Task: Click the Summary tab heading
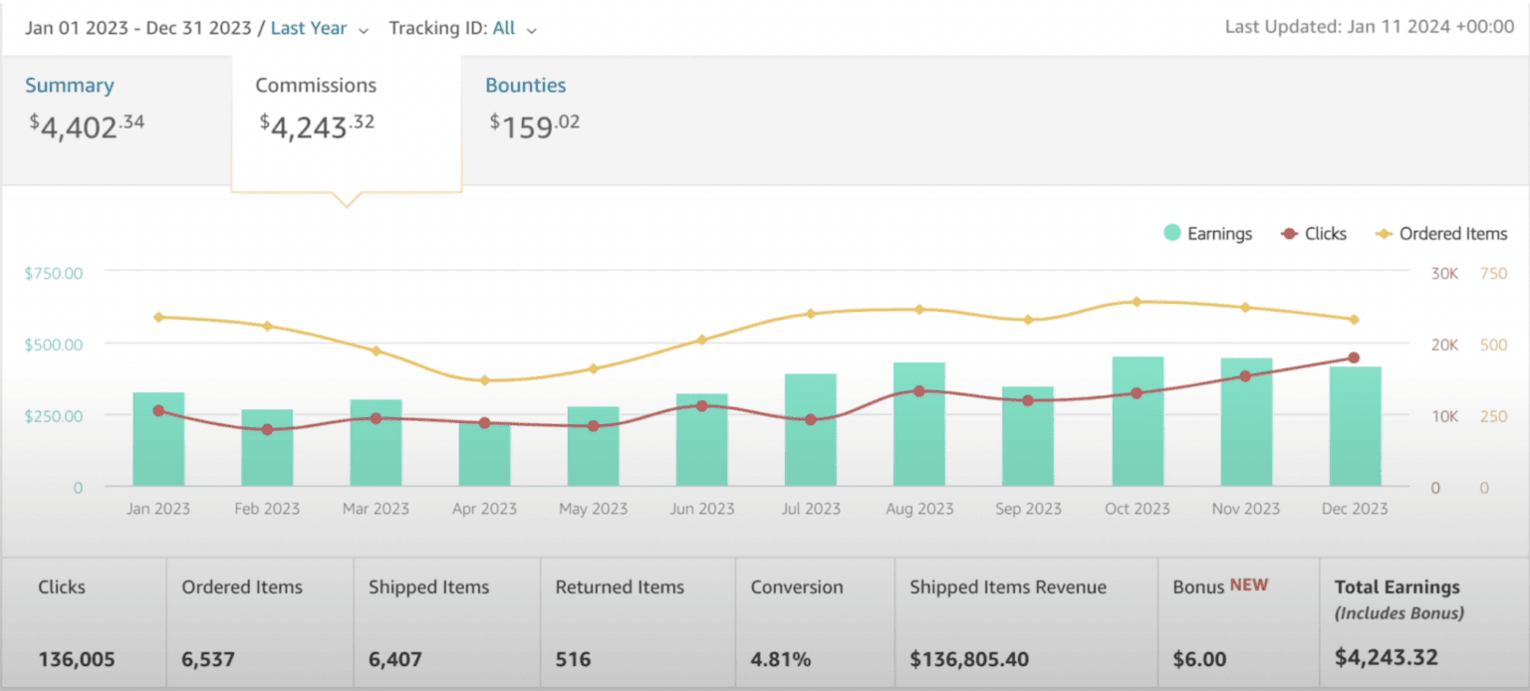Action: click(x=70, y=86)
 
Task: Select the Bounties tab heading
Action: click(x=525, y=86)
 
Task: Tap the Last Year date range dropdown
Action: click(x=319, y=29)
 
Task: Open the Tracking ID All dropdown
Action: click(x=513, y=29)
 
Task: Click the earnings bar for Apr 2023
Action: click(x=485, y=454)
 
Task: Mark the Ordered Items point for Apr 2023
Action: click(x=485, y=380)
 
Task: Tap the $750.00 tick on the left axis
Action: click(x=54, y=273)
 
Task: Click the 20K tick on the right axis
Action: click(x=1444, y=345)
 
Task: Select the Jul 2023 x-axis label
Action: click(x=810, y=509)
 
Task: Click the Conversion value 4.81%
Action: click(x=781, y=659)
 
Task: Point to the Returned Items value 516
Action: click(x=573, y=659)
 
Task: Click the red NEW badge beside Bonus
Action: click(x=1249, y=585)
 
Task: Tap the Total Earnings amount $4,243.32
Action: click(x=1387, y=658)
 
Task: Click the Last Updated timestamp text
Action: click(x=1369, y=27)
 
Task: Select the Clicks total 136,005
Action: click(x=77, y=659)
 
